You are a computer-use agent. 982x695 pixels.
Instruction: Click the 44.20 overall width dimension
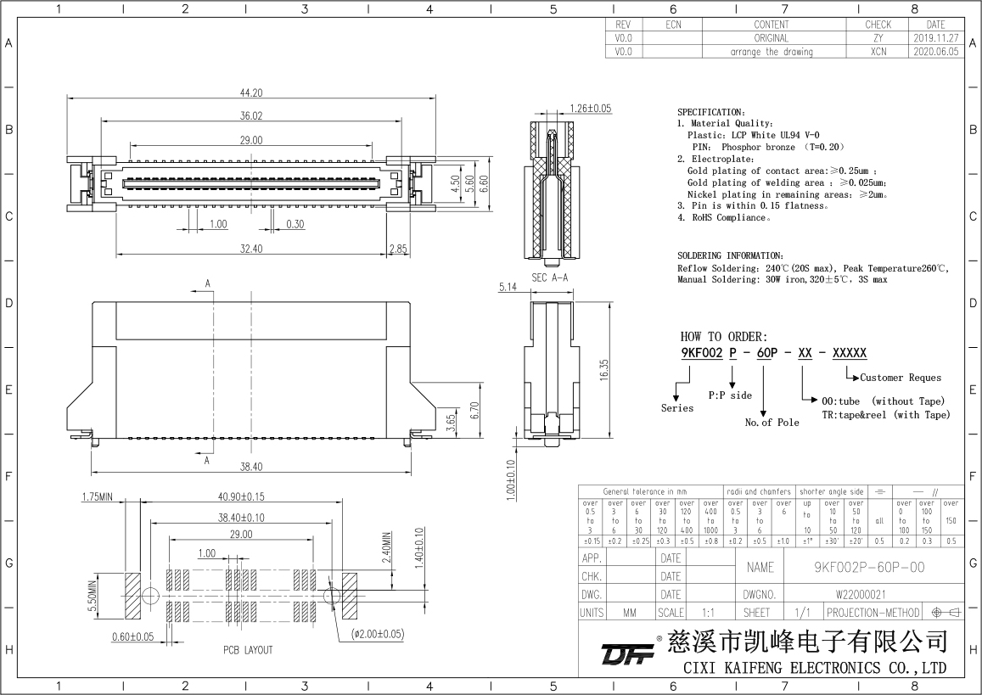click(x=251, y=92)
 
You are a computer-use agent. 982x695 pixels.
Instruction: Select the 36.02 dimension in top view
click(x=251, y=116)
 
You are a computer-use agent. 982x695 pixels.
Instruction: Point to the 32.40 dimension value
click(x=251, y=249)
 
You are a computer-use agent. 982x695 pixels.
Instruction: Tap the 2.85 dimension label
click(x=397, y=249)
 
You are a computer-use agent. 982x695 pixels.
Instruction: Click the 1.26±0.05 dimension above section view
click(x=591, y=109)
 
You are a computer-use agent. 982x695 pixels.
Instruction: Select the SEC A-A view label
click(x=549, y=277)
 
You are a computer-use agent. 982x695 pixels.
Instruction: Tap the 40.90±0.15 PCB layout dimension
click(x=241, y=496)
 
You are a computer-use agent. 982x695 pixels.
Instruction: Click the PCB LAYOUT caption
click(x=248, y=650)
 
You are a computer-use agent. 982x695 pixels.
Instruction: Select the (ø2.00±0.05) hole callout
click(x=378, y=634)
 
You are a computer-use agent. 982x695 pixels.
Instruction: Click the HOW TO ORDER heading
click(x=724, y=337)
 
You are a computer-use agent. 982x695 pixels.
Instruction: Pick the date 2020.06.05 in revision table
click(x=936, y=52)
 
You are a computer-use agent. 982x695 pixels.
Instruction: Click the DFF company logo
click(x=627, y=654)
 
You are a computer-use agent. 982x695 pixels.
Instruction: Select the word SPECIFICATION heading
click(x=710, y=112)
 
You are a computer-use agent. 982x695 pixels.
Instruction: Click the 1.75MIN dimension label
click(x=97, y=496)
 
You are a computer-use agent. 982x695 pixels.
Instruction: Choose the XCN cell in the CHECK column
click(x=878, y=52)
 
